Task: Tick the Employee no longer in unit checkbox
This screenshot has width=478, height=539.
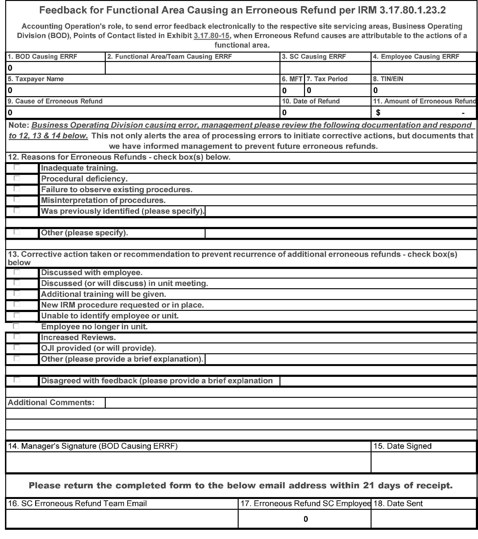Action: [x=16, y=326]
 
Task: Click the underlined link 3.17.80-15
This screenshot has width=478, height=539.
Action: [x=211, y=36]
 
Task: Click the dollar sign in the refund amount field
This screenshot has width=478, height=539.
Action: [x=378, y=113]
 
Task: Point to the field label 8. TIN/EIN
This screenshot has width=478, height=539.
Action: [x=388, y=79]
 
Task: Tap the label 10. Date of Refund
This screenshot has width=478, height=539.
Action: [x=311, y=101]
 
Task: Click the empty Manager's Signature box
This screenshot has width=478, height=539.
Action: [x=188, y=462]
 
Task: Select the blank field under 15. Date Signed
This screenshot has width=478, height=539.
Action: [x=424, y=462]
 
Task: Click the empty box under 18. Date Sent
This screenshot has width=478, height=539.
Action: [x=424, y=519]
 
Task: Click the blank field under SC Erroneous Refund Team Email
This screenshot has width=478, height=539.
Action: [x=122, y=519]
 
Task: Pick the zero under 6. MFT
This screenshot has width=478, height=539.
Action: [x=284, y=91]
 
